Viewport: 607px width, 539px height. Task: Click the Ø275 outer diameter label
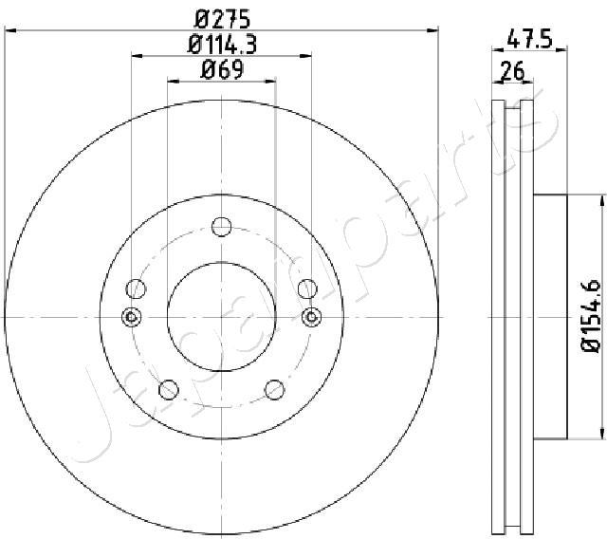[222, 19]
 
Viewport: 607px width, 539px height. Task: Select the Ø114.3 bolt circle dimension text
[222, 45]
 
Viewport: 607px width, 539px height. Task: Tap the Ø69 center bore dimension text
[222, 70]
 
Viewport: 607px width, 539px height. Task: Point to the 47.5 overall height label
[529, 39]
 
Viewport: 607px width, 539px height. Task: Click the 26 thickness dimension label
[512, 71]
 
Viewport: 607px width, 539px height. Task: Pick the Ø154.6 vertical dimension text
[591, 316]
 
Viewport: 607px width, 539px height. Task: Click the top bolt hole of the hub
[221, 227]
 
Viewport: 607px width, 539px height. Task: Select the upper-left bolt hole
[136, 288]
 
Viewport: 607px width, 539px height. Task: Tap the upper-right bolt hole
[307, 288]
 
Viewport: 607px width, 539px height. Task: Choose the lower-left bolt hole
[169, 389]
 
